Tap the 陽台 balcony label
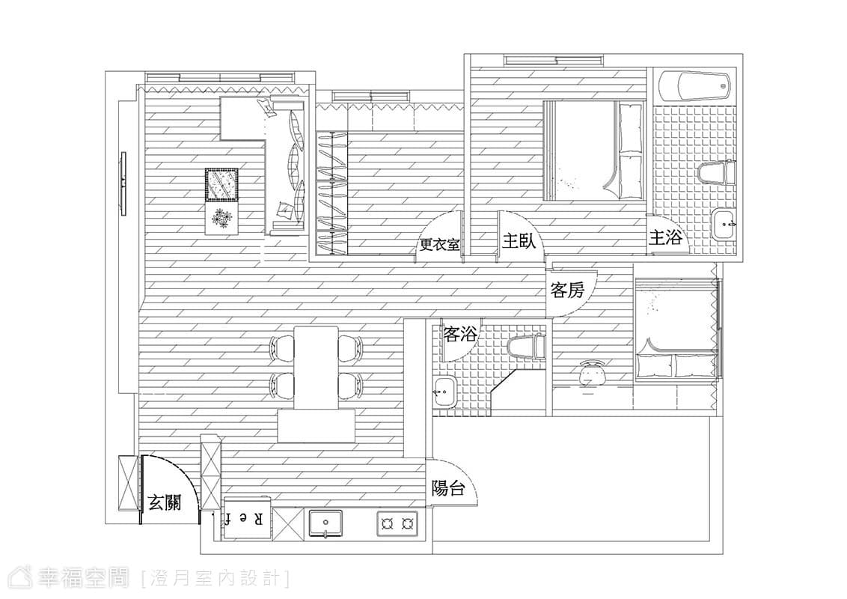pyautogui.click(x=448, y=488)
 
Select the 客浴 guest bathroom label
pyautogui.click(x=460, y=334)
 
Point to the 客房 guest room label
pyautogui.click(x=567, y=291)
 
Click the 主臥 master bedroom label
pyautogui.click(x=519, y=240)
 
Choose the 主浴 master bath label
pyautogui.click(x=665, y=237)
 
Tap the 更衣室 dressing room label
pyautogui.click(x=440, y=245)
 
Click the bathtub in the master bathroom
pyautogui.click(x=694, y=86)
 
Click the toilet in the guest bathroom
pyautogui.click(x=526, y=346)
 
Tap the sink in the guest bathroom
pyautogui.click(x=444, y=391)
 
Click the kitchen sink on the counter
pyautogui.click(x=326, y=522)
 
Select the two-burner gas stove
pyautogui.click(x=397, y=523)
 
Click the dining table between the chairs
pyautogui.click(x=316, y=368)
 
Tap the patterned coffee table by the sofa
pyautogui.click(x=221, y=185)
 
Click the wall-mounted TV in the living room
pyautogui.click(x=123, y=183)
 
